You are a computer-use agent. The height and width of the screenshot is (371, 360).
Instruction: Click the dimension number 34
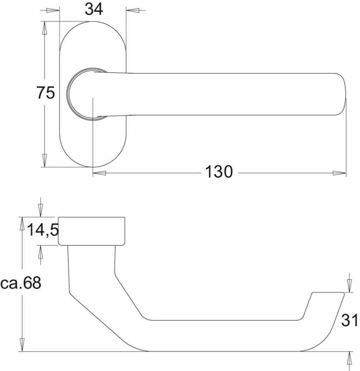tap(94, 9)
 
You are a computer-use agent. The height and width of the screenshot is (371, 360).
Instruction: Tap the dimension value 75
tap(46, 93)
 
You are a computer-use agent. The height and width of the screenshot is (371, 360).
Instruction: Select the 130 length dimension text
tap(219, 172)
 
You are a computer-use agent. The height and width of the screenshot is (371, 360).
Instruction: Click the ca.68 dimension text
tap(21, 283)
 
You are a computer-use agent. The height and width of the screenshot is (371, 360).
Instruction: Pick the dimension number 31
tap(349, 321)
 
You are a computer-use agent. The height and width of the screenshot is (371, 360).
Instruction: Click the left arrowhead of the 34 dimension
tap(53, 10)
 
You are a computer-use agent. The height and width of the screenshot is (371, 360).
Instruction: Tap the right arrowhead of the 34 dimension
tap(133, 10)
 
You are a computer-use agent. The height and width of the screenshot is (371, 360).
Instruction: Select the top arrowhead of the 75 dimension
tap(45, 28)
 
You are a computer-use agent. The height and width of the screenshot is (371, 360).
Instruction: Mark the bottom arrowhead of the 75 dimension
tap(45, 160)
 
